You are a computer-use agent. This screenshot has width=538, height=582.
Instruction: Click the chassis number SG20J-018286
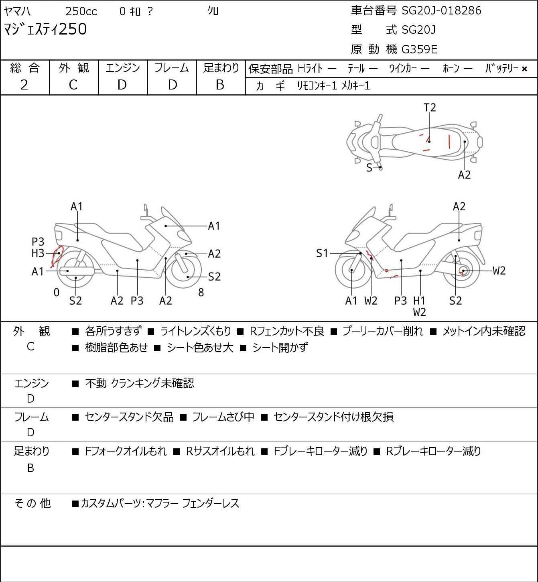coord(441,10)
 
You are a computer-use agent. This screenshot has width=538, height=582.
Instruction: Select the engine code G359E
coord(419,49)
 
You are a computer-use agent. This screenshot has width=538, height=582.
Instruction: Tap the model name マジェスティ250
coord(45,29)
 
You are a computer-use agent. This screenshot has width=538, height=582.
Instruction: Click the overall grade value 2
coord(24,85)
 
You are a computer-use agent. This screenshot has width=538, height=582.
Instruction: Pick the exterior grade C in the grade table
coord(73,85)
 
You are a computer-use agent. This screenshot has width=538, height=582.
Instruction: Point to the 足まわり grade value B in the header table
coord(220,85)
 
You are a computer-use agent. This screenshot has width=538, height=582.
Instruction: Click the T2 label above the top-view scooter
coord(430,108)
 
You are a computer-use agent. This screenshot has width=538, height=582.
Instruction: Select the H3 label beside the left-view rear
coord(38,253)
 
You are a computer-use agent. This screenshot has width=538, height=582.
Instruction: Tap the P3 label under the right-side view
coord(400,301)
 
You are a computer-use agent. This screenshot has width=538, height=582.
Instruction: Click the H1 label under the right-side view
coord(419,300)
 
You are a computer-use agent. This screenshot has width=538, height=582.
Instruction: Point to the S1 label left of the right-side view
coord(322,253)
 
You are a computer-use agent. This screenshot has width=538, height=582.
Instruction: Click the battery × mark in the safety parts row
coord(524,69)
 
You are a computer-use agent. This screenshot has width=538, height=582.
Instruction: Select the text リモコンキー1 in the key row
coord(317,86)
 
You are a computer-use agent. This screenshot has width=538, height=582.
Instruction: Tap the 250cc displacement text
coord(81,11)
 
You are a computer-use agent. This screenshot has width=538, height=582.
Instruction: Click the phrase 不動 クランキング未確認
coord(139,383)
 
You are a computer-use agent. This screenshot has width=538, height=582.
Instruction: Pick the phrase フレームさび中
coord(223,417)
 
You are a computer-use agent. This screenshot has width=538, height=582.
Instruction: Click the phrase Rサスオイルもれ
coord(220,451)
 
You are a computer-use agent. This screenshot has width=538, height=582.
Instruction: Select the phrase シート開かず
coord(280,348)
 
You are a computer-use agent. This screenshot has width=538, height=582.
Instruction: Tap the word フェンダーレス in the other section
coord(211,503)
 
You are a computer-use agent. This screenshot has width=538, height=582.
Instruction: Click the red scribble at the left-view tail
coord(57,256)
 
